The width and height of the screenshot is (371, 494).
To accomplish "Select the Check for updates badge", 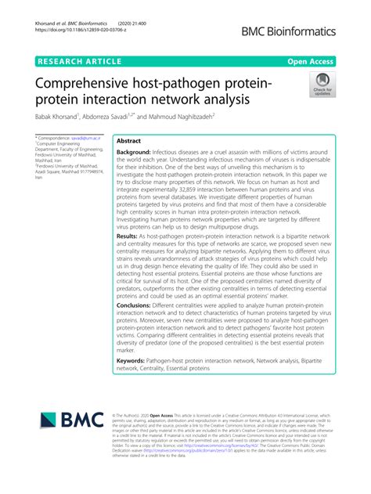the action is pyautogui.click(x=322, y=85).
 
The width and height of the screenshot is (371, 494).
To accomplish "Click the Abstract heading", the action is pyautogui.click(x=128, y=141).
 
